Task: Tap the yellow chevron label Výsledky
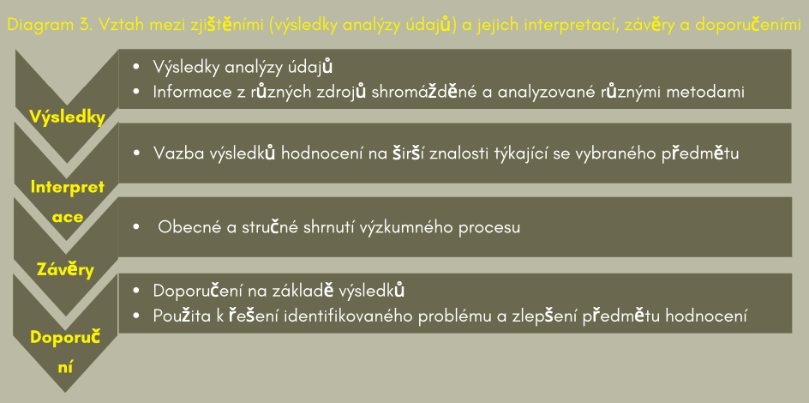click(67, 117)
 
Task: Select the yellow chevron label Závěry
click(66, 268)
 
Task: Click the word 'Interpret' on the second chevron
click(68, 187)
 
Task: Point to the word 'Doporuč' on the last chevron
click(65, 337)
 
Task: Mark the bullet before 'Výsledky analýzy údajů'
click(137, 67)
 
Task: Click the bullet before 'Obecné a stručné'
click(137, 227)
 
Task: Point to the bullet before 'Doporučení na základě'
click(137, 291)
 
